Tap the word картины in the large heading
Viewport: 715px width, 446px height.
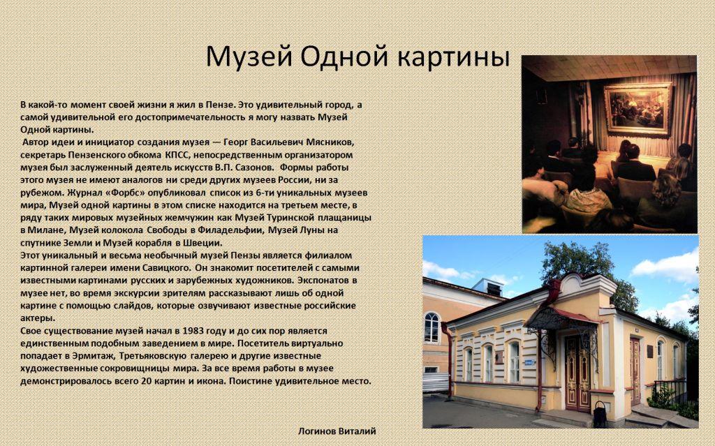453,57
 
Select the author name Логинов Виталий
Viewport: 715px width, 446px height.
337,431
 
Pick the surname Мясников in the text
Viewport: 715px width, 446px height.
330,142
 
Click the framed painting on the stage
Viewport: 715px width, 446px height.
637,109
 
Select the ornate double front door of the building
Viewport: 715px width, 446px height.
577,373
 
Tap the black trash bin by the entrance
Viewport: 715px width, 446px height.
600,415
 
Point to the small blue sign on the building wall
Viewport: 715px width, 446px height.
529,362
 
